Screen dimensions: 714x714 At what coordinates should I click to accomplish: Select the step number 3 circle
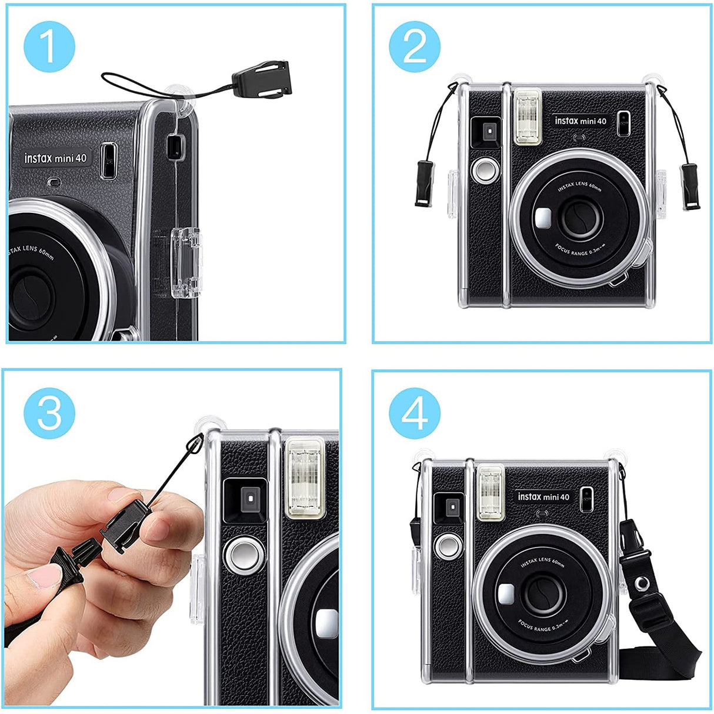pyautogui.click(x=49, y=412)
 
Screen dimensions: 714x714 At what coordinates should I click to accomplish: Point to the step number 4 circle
pyautogui.click(x=415, y=412)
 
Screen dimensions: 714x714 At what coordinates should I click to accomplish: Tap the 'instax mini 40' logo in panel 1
pyautogui.click(x=55, y=158)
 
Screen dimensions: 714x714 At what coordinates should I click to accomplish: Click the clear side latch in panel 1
pyautogui.click(x=185, y=262)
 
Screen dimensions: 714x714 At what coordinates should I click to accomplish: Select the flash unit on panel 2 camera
pyautogui.click(x=527, y=116)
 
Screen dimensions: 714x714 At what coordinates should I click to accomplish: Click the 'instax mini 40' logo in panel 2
pyautogui.click(x=580, y=121)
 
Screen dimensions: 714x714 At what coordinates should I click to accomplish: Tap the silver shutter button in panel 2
pyautogui.click(x=485, y=171)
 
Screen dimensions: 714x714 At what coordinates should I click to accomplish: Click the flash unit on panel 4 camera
pyautogui.click(x=491, y=492)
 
